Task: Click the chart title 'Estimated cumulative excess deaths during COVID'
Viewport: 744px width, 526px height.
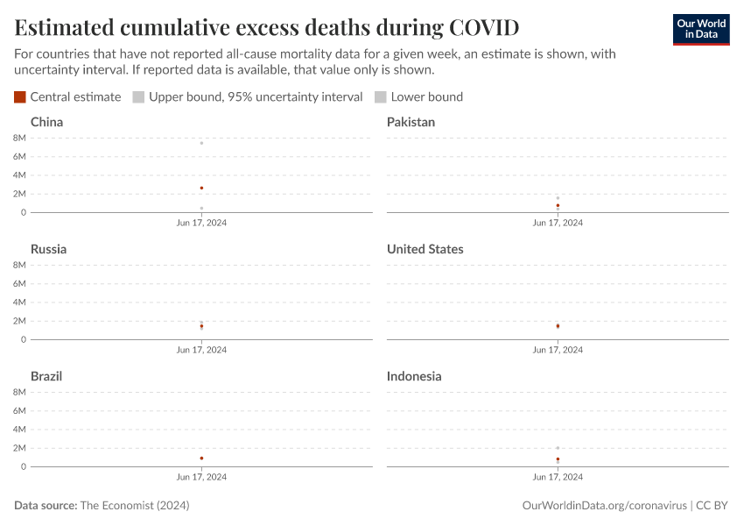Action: pyautogui.click(x=267, y=27)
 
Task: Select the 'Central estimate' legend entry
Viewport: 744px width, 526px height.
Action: pyautogui.click(x=67, y=96)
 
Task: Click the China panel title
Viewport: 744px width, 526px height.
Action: pyautogui.click(x=46, y=122)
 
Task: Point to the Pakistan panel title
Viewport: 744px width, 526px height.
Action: pyautogui.click(x=411, y=122)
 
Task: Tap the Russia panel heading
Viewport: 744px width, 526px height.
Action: pyautogui.click(x=48, y=249)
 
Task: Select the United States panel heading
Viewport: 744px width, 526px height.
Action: pyautogui.click(x=425, y=249)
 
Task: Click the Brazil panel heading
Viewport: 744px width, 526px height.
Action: pyautogui.click(x=46, y=376)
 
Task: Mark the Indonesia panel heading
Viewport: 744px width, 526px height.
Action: pyautogui.click(x=414, y=376)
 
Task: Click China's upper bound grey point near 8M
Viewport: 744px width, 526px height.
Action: pyautogui.click(x=201, y=143)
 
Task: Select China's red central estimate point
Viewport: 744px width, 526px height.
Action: pyautogui.click(x=201, y=188)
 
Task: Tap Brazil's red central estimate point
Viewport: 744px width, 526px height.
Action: pyautogui.click(x=201, y=458)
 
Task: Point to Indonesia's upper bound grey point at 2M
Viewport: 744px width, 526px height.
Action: pyautogui.click(x=558, y=448)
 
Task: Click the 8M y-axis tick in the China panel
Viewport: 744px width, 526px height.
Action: pyautogui.click(x=19, y=138)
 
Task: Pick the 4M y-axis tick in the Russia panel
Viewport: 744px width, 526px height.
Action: pyautogui.click(x=19, y=302)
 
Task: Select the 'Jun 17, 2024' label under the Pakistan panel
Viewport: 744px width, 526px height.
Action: pyautogui.click(x=558, y=223)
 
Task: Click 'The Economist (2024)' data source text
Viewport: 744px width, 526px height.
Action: pyautogui.click(x=134, y=506)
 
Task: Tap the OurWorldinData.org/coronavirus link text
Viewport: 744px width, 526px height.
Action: pyautogui.click(x=604, y=506)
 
